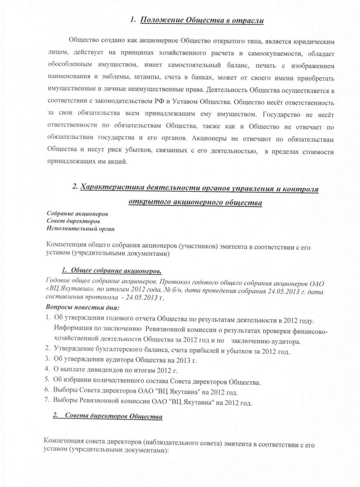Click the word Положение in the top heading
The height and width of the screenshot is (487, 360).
[160, 20]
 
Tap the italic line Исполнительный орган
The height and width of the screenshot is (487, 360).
[81, 228]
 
